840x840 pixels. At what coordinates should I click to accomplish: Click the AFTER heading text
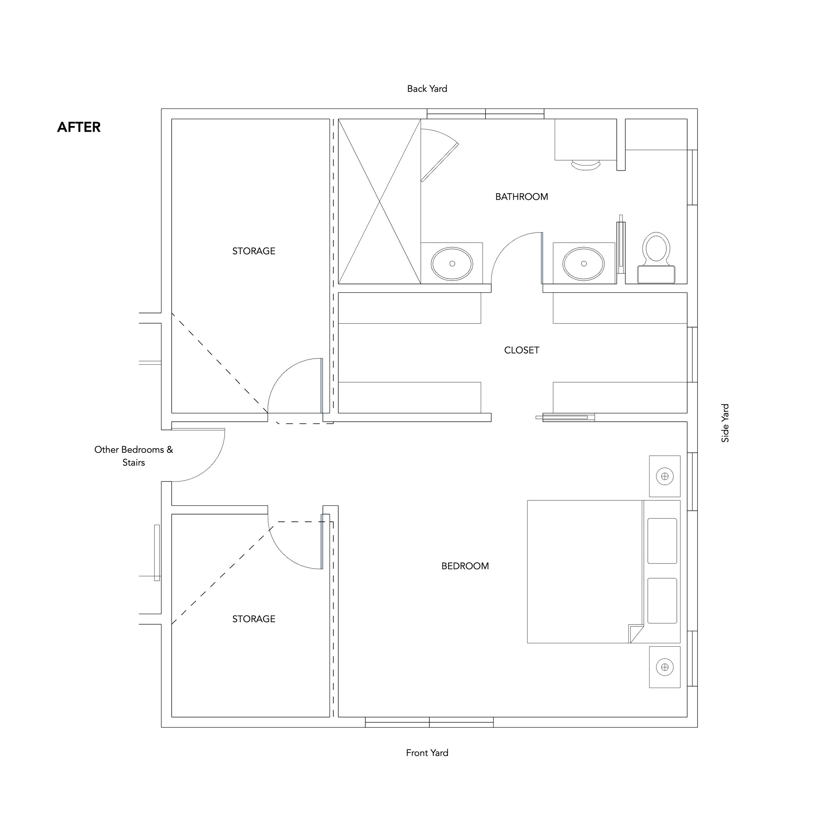pos(79,127)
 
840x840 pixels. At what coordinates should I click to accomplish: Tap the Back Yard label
pos(427,89)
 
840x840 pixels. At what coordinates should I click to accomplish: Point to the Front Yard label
pos(427,753)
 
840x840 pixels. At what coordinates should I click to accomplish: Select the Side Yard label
pos(725,423)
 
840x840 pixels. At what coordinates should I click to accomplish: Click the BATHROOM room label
pos(522,197)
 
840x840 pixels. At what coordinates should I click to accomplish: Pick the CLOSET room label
pos(522,350)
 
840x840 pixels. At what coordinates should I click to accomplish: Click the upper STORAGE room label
pos(254,251)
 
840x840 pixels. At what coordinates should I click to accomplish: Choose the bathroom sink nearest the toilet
pos(584,263)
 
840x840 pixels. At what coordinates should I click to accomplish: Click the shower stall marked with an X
pos(380,201)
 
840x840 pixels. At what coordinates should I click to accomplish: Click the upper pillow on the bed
pos(662,541)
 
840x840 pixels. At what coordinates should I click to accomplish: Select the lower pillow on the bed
pos(662,600)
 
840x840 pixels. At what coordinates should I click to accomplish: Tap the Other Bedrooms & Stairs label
pos(133,456)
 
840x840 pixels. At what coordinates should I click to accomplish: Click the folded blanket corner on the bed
pos(636,633)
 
